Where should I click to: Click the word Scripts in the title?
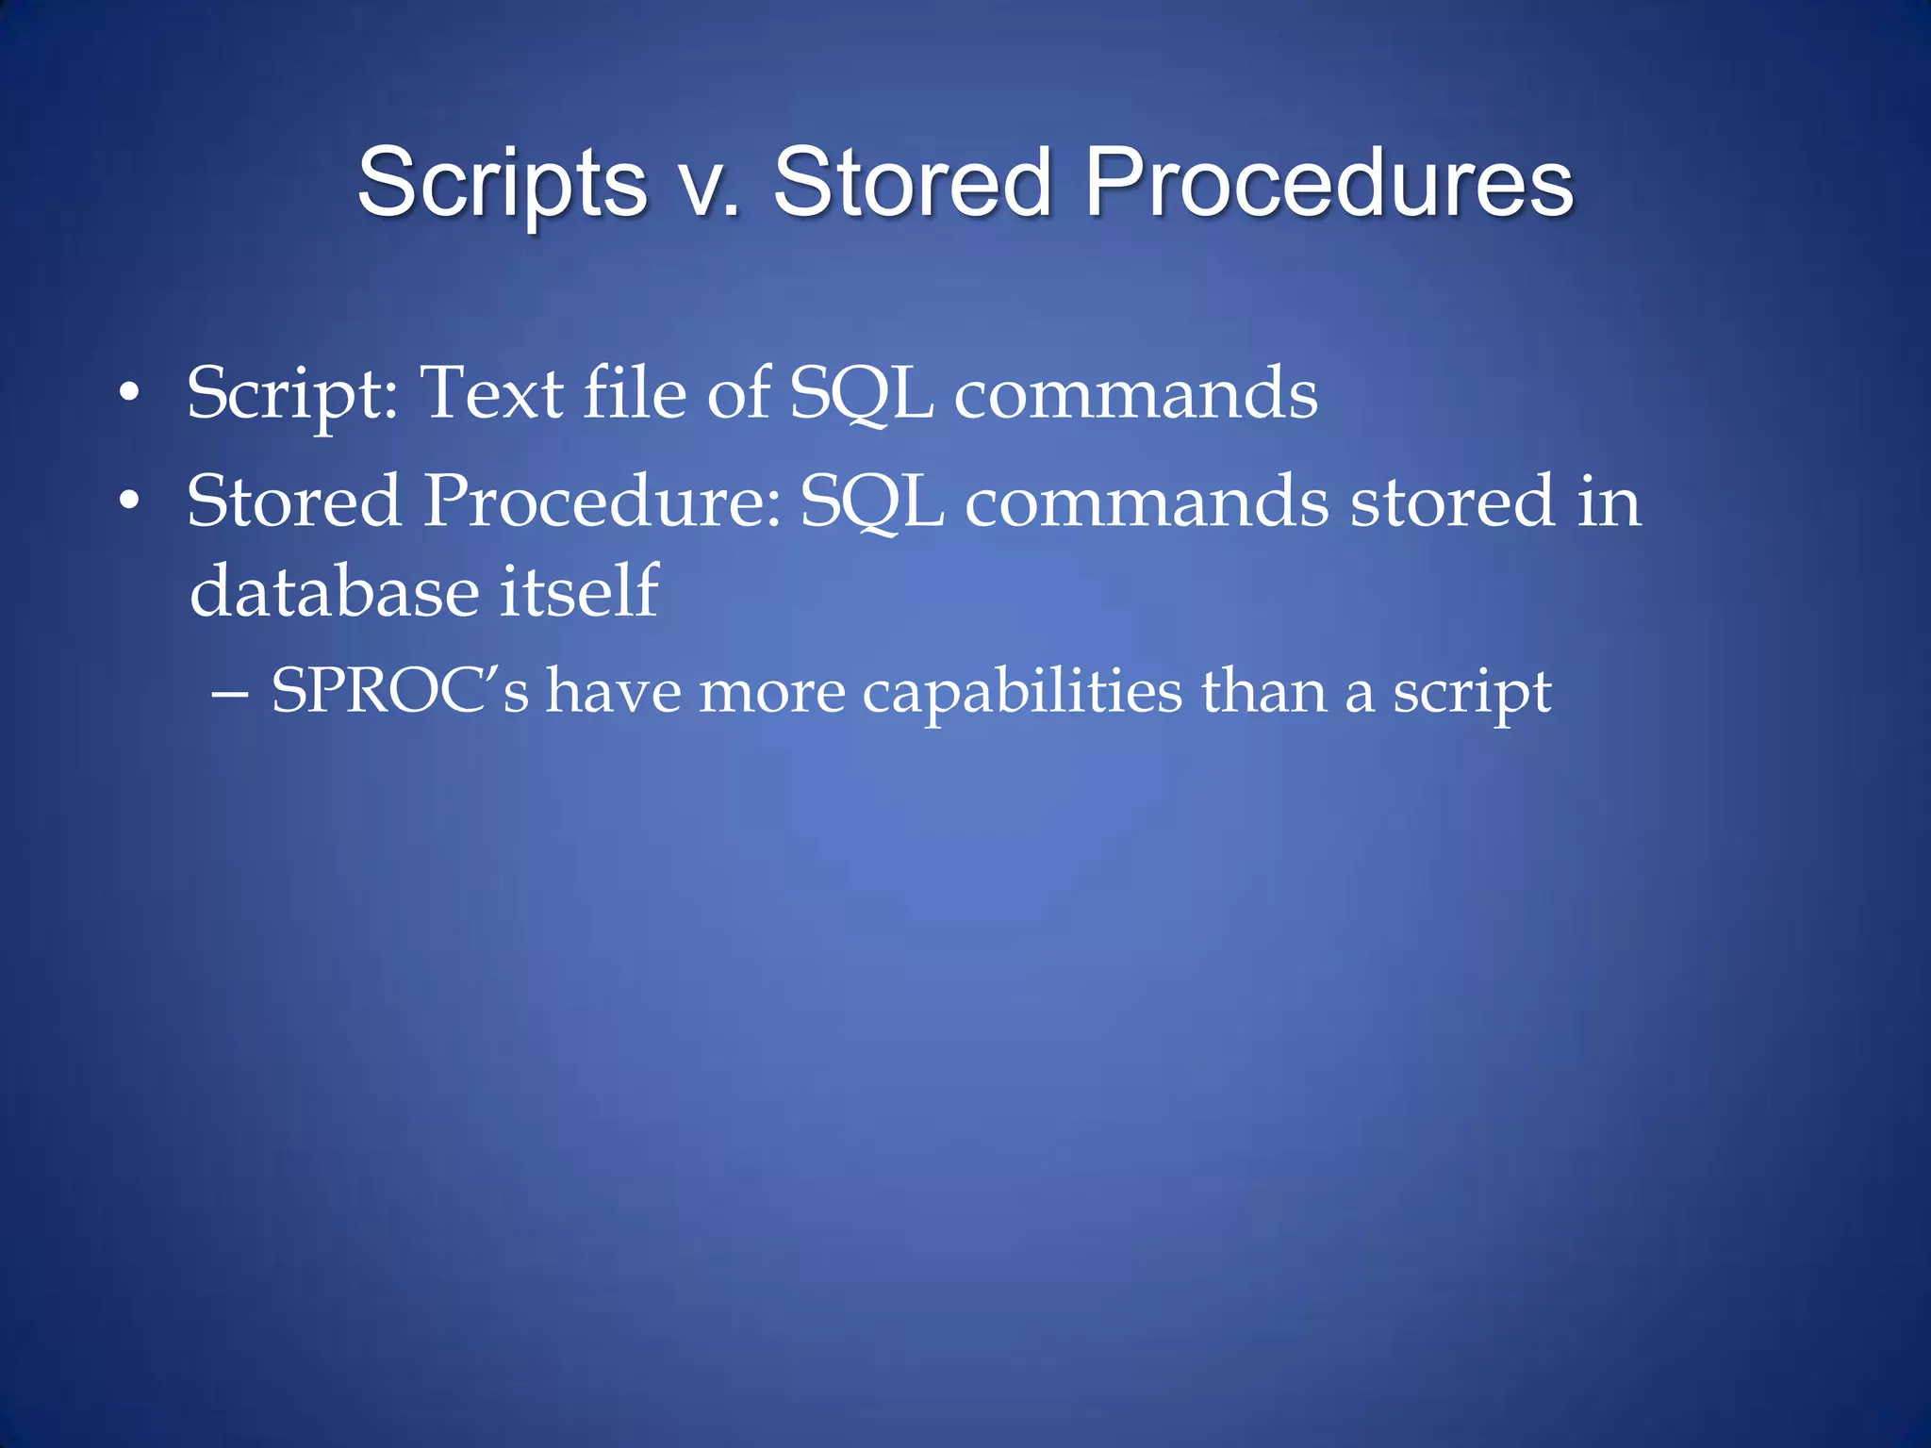click(502, 183)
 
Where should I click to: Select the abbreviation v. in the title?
click(709, 183)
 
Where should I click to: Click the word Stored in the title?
click(911, 183)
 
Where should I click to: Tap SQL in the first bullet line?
click(861, 394)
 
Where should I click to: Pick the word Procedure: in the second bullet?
click(602, 501)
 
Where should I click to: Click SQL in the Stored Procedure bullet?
click(872, 502)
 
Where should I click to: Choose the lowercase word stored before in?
click(1452, 501)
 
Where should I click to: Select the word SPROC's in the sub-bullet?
click(400, 691)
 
